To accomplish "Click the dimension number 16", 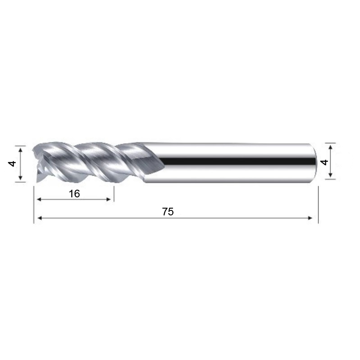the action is click(x=74, y=194).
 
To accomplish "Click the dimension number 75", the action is click(x=168, y=212).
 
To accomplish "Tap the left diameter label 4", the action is click(x=12, y=164).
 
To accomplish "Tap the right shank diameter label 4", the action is click(x=324, y=162).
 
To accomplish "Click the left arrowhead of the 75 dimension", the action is click(x=39, y=218).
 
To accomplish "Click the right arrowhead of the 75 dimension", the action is click(x=310, y=218).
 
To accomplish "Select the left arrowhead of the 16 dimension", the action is click(x=39, y=199).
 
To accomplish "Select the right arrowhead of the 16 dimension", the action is click(x=109, y=199).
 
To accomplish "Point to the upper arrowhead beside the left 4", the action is click(x=20, y=150).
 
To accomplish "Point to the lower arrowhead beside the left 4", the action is click(x=20, y=177).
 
